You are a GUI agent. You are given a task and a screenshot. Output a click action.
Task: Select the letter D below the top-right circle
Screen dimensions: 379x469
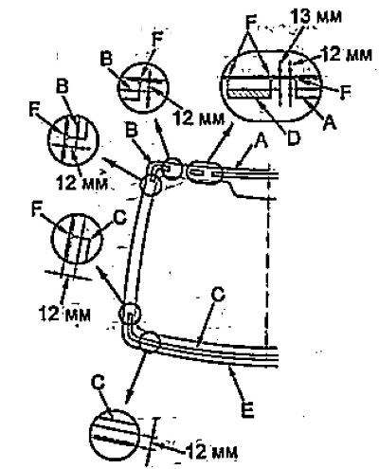point(293,137)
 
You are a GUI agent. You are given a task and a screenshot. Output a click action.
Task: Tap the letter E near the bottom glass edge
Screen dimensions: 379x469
point(247,410)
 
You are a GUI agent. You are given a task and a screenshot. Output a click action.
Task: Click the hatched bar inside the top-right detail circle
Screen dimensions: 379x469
point(249,94)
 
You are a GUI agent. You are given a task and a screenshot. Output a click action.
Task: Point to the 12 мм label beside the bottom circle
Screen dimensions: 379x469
point(211,452)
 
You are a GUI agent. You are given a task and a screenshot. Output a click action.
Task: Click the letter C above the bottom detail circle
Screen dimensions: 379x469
point(98,383)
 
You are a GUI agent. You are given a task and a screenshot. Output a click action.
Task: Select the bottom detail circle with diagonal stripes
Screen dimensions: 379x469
point(115,437)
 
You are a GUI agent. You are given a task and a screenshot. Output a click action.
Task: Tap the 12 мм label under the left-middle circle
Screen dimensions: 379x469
point(64,314)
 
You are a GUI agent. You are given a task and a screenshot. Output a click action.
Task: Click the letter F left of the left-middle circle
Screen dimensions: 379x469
point(38,209)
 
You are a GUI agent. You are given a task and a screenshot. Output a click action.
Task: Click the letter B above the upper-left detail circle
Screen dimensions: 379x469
point(63,85)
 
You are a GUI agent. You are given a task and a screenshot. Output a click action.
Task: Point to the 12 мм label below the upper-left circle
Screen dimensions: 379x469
point(81,183)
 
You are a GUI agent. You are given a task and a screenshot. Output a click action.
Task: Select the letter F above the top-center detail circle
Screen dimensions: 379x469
point(157,40)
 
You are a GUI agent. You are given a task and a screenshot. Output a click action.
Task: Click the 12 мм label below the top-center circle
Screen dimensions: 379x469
point(198,118)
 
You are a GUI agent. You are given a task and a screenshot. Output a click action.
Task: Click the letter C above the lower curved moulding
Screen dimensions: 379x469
point(218,294)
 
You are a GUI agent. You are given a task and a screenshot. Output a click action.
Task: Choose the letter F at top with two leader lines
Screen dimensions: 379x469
point(251,22)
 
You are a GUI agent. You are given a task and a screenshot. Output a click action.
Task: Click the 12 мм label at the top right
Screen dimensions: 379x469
point(347,54)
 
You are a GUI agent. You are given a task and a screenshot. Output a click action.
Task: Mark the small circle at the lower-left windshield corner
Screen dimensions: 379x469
point(130,313)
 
